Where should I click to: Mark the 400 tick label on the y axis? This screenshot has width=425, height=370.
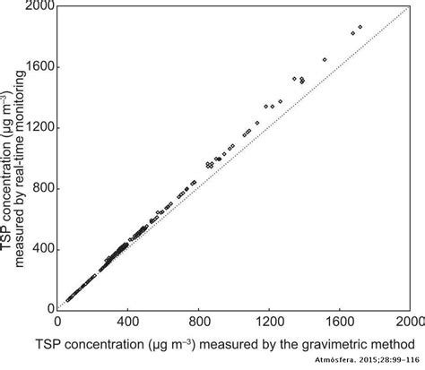40,248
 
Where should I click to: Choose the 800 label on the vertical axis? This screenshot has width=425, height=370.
40,187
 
